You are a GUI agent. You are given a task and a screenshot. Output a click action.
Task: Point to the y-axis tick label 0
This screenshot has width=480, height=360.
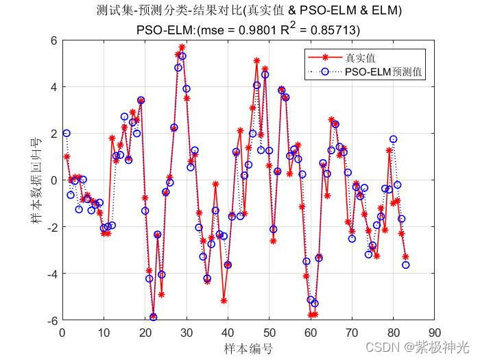pos(53,180)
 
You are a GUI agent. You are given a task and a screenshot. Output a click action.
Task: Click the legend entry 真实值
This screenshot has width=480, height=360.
pos(360,58)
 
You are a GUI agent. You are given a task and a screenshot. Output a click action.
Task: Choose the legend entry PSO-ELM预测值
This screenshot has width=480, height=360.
pos(384,71)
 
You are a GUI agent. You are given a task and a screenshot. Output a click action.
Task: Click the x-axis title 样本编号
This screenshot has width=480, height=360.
pos(248,348)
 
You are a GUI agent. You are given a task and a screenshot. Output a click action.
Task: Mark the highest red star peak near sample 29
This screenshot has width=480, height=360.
pos(182,47)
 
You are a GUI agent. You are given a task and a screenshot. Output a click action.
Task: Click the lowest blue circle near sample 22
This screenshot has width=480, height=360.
pos(154,317)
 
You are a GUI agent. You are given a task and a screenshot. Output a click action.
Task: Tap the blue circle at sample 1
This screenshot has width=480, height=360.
pos(67,133)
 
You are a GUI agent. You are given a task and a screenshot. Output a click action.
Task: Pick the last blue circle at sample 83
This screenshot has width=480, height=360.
pos(406,265)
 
